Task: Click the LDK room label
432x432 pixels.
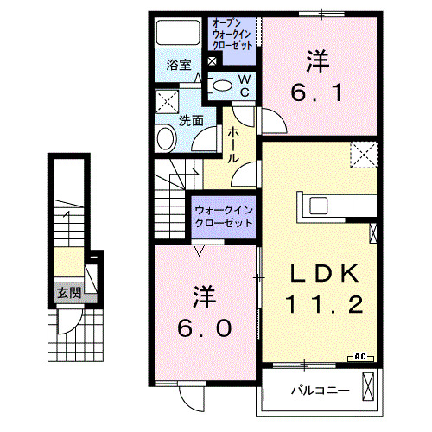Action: pos(324,273)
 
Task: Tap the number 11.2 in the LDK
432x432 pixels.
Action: pos(324,303)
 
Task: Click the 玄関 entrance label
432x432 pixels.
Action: pos(69,294)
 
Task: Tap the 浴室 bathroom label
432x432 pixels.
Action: pos(178,64)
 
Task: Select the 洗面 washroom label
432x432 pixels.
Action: pos(191,121)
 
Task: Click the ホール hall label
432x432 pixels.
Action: pos(234,144)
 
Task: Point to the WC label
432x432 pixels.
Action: pos(244,85)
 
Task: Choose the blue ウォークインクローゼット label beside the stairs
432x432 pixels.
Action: pos(223,216)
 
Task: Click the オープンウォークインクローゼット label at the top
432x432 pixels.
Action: pos(232,32)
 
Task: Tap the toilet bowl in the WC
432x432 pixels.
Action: pos(221,85)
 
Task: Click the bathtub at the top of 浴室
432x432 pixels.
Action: pos(178,33)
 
